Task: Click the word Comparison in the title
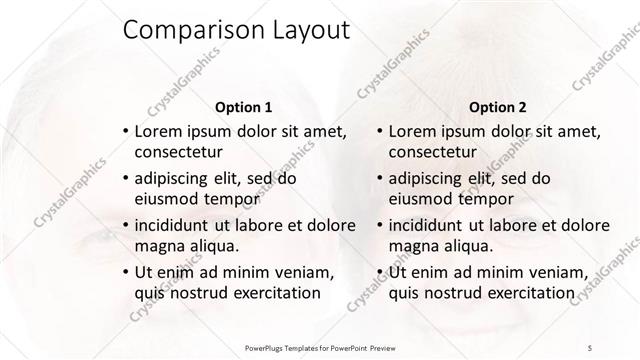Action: (x=187, y=31)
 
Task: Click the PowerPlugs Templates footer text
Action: (x=321, y=346)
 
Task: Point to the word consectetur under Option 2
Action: (x=432, y=152)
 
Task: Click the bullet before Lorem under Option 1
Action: (x=124, y=132)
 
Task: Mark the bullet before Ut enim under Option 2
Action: (x=378, y=271)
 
